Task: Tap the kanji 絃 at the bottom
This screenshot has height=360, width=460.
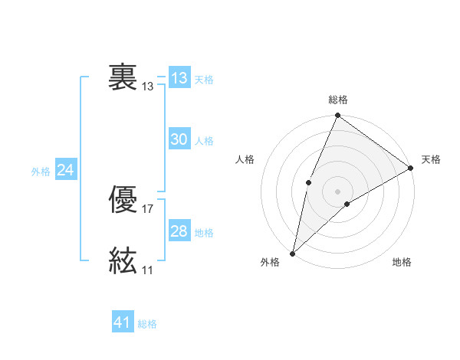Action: click(x=123, y=260)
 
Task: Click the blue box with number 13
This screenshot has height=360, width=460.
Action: click(x=179, y=78)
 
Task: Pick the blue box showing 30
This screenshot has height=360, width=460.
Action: click(x=179, y=139)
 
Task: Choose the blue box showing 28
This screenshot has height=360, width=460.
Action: click(x=179, y=231)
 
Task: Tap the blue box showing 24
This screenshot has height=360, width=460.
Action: click(x=66, y=170)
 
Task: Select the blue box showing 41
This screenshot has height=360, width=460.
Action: click(x=123, y=322)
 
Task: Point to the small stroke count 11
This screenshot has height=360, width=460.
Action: click(x=148, y=270)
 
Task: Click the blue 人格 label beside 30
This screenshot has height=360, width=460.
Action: click(x=204, y=141)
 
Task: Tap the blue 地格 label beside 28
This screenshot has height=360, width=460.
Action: click(x=204, y=233)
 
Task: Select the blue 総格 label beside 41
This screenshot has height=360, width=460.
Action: click(x=147, y=324)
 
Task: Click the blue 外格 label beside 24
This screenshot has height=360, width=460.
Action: click(x=41, y=172)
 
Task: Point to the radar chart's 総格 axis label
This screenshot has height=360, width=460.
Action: click(x=337, y=100)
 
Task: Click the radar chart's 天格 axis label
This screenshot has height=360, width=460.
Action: click(x=431, y=160)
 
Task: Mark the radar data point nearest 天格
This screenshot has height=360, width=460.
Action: click(x=410, y=168)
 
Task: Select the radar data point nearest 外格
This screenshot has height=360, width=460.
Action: click(x=293, y=253)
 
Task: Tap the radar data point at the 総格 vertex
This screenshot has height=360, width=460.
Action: click(x=337, y=116)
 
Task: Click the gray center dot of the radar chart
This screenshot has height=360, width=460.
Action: click(x=337, y=191)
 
